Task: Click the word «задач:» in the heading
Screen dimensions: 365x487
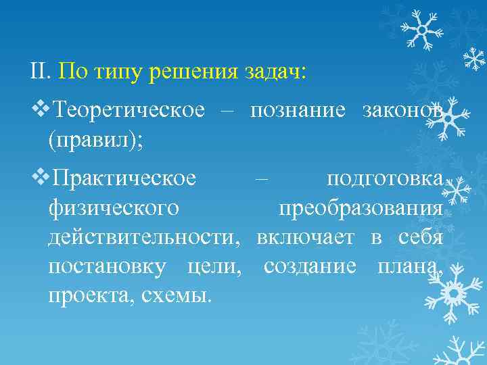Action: pyautogui.click(x=276, y=71)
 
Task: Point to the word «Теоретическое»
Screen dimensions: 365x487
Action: pyautogui.click(x=128, y=109)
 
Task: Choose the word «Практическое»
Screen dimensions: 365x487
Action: pyautogui.click(x=124, y=179)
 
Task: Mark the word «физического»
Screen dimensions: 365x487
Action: pyautogui.click(x=113, y=209)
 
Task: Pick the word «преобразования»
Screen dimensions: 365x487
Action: pyautogui.click(x=361, y=209)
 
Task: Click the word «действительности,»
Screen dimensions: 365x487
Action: pyautogui.click(x=144, y=237)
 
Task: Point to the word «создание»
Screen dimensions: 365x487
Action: pyautogui.click(x=310, y=266)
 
